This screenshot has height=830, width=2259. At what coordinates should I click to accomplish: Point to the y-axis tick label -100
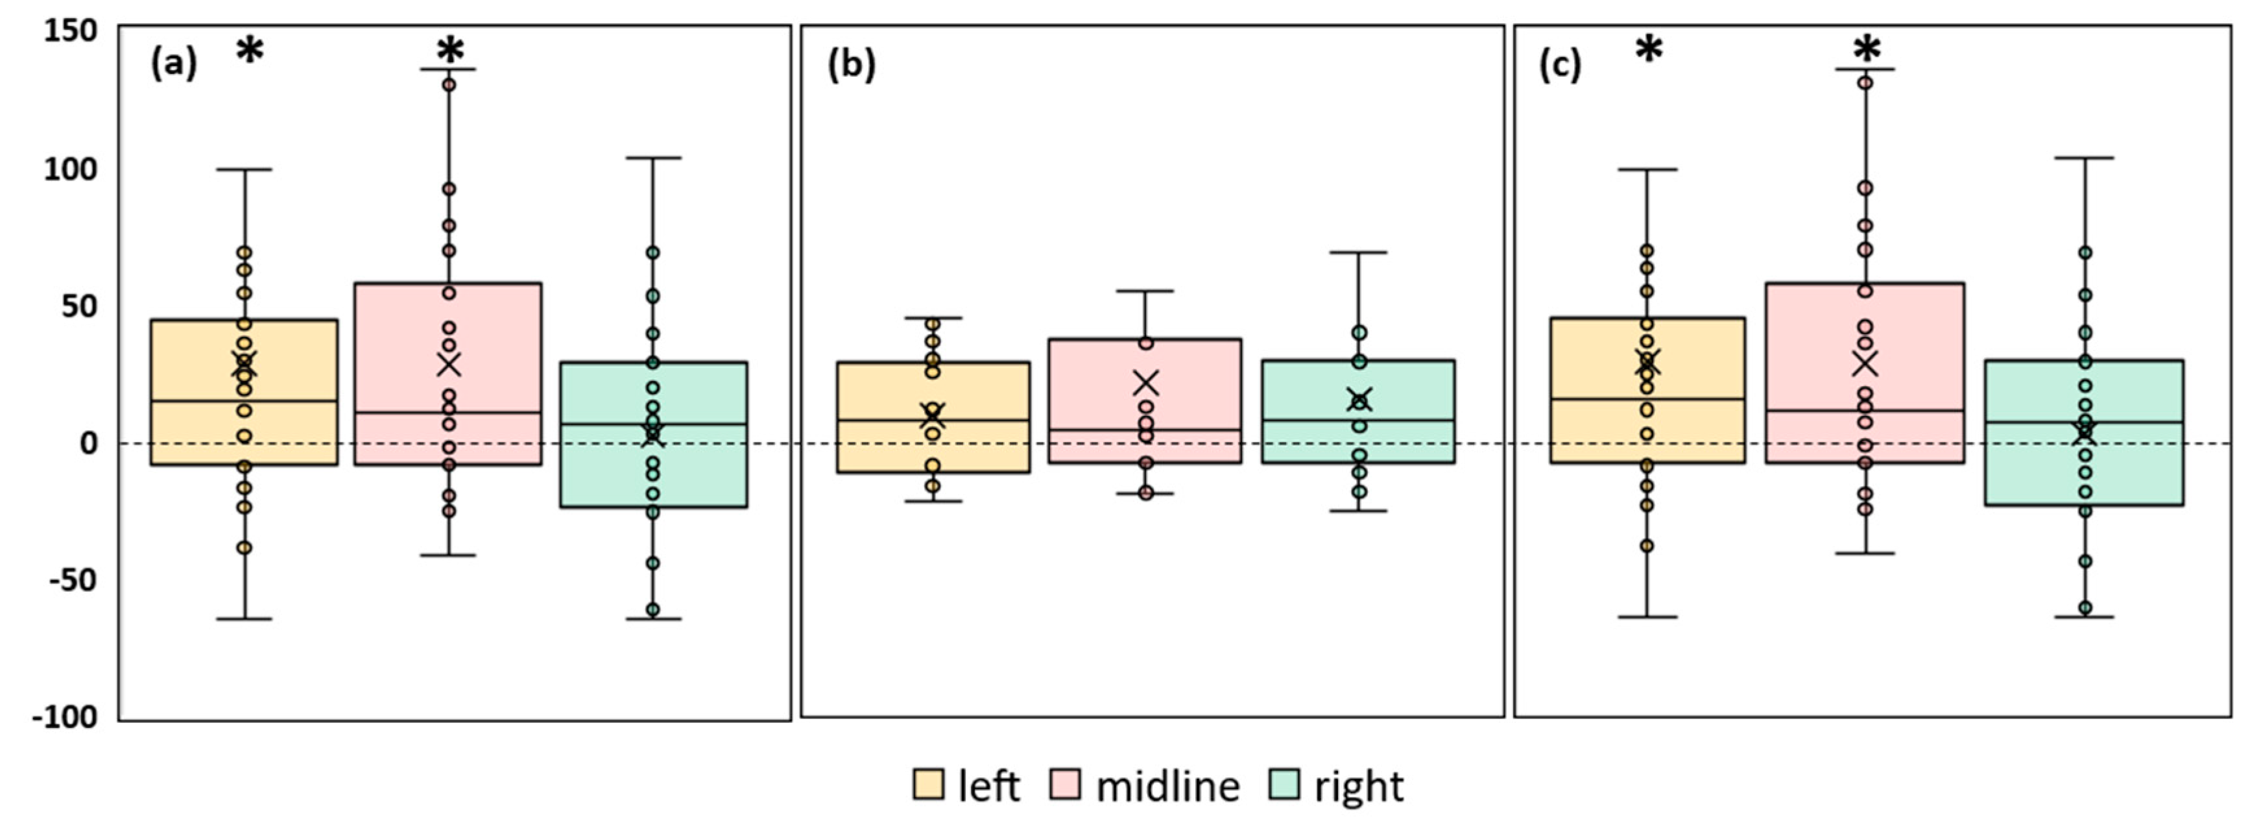click(65, 718)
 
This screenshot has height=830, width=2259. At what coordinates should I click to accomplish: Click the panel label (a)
click(174, 64)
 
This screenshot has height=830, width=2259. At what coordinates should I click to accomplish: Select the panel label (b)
click(852, 66)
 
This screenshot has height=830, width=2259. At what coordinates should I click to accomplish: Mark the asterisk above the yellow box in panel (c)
click(1649, 50)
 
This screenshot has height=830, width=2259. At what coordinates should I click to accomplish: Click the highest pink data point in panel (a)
click(449, 85)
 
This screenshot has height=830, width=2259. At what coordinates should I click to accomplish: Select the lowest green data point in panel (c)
click(2085, 607)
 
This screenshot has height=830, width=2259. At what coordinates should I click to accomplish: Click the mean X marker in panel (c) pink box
click(1865, 362)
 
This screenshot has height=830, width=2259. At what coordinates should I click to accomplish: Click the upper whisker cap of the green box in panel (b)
click(1359, 252)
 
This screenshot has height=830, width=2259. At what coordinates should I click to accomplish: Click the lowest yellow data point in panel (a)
click(245, 548)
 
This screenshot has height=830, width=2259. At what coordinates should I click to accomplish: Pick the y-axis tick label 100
click(70, 169)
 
